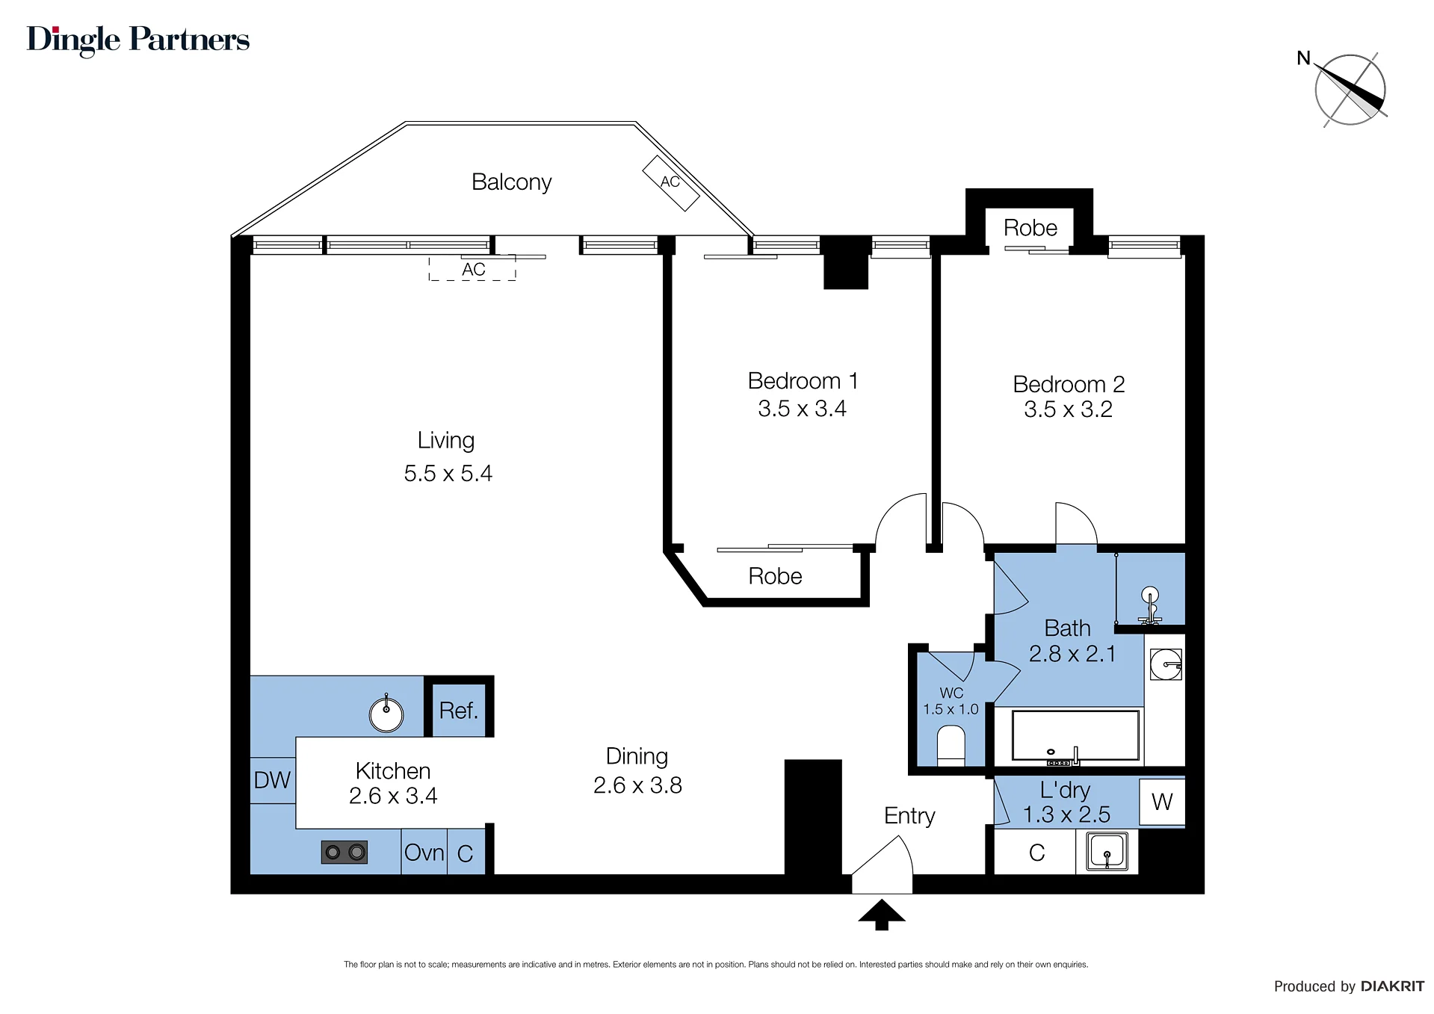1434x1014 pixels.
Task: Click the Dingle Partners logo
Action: tap(138, 40)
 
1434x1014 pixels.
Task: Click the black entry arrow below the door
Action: tap(882, 915)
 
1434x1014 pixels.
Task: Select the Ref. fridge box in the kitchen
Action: tap(458, 711)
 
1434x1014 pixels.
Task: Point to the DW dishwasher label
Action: tap(272, 780)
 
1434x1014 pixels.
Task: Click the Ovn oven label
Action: tap(424, 853)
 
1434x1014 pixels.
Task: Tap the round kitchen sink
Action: tap(386, 714)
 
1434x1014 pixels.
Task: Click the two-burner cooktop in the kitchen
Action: tap(344, 852)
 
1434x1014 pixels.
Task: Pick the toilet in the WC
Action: tap(951, 746)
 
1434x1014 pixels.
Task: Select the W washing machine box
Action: tap(1162, 802)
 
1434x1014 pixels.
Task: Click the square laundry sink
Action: tap(1107, 852)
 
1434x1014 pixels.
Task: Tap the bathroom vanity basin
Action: tap(1166, 664)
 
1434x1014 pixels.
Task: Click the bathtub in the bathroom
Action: tap(1075, 736)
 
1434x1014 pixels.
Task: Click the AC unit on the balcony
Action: tap(671, 183)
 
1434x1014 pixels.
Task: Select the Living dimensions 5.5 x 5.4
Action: tap(448, 473)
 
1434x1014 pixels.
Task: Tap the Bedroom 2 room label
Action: tap(1069, 384)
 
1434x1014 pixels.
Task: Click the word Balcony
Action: tap(512, 182)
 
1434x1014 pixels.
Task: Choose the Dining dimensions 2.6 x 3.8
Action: tap(637, 785)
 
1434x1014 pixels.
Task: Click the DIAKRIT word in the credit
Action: tap(1393, 986)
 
